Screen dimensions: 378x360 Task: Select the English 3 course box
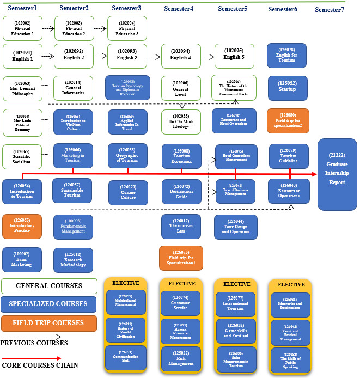click(x=127, y=54)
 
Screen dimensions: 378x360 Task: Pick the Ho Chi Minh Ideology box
click(x=181, y=121)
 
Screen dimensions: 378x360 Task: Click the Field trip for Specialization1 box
click(x=180, y=257)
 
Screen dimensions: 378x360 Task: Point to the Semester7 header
click(x=329, y=10)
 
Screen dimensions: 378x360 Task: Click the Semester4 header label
click(x=179, y=9)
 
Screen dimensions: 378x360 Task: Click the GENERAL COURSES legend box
click(x=49, y=285)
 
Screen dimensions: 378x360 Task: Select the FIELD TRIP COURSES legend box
click(x=49, y=322)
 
